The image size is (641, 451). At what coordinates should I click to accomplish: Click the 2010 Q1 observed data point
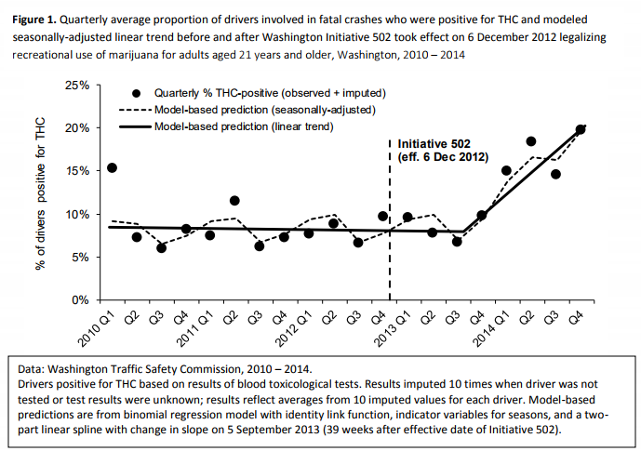click(x=112, y=168)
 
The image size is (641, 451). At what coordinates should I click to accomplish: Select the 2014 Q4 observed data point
click(x=581, y=129)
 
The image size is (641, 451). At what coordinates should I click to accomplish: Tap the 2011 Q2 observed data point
click(x=234, y=201)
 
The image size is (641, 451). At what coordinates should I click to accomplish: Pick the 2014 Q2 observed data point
click(x=531, y=141)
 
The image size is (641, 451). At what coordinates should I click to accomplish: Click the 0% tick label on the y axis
click(x=81, y=300)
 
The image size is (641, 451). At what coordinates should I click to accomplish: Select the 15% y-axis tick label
click(x=77, y=171)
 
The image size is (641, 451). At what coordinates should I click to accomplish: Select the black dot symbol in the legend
click(x=138, y=93)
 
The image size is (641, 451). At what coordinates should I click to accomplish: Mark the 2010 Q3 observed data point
click(x=161, y=247)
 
